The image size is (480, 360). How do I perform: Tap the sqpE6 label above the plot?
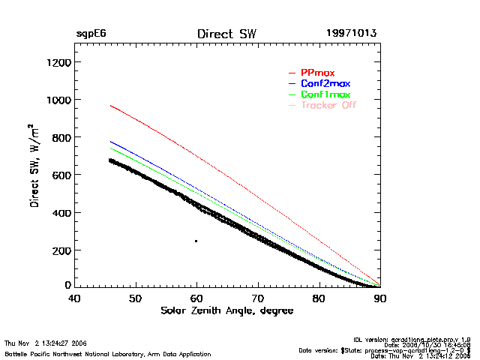(x=91, y=34)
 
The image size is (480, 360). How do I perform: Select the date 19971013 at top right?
(x=351, y=34)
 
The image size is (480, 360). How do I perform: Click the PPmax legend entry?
(x=317, y=73)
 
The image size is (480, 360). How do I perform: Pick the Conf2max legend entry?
(x=325, y=83)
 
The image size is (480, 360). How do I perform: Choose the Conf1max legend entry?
(x=325, y=94)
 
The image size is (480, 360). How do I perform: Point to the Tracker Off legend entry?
(x=328, y=105)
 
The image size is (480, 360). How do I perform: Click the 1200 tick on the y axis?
(x=58, y=62)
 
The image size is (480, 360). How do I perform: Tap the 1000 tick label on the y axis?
(x=58, y=100)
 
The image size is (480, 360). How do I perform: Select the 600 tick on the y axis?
(x=61, y=175)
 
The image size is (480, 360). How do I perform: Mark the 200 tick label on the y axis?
(x=61, y=250)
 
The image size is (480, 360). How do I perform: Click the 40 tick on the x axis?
(x=74, y=298)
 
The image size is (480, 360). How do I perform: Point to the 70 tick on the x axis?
(x=258, y=298)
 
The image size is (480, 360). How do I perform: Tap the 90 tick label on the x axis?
(x=380, y=298)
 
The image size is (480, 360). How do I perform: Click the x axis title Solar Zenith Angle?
(x=227, y=310)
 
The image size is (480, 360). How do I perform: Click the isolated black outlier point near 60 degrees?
(x=196, y=241)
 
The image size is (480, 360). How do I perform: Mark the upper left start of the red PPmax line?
(x=110, y=106)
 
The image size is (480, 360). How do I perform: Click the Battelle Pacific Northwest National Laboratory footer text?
(x=107, y=353)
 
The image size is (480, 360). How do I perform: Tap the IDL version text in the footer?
(x=412, y=339)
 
